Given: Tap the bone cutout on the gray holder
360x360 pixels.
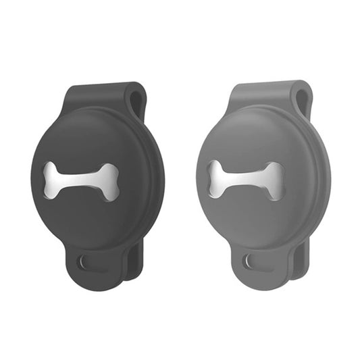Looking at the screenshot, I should point(246,180).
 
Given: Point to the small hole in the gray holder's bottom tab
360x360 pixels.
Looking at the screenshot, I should point(250,261).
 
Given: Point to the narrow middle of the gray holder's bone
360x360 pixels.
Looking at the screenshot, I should point(246,180).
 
